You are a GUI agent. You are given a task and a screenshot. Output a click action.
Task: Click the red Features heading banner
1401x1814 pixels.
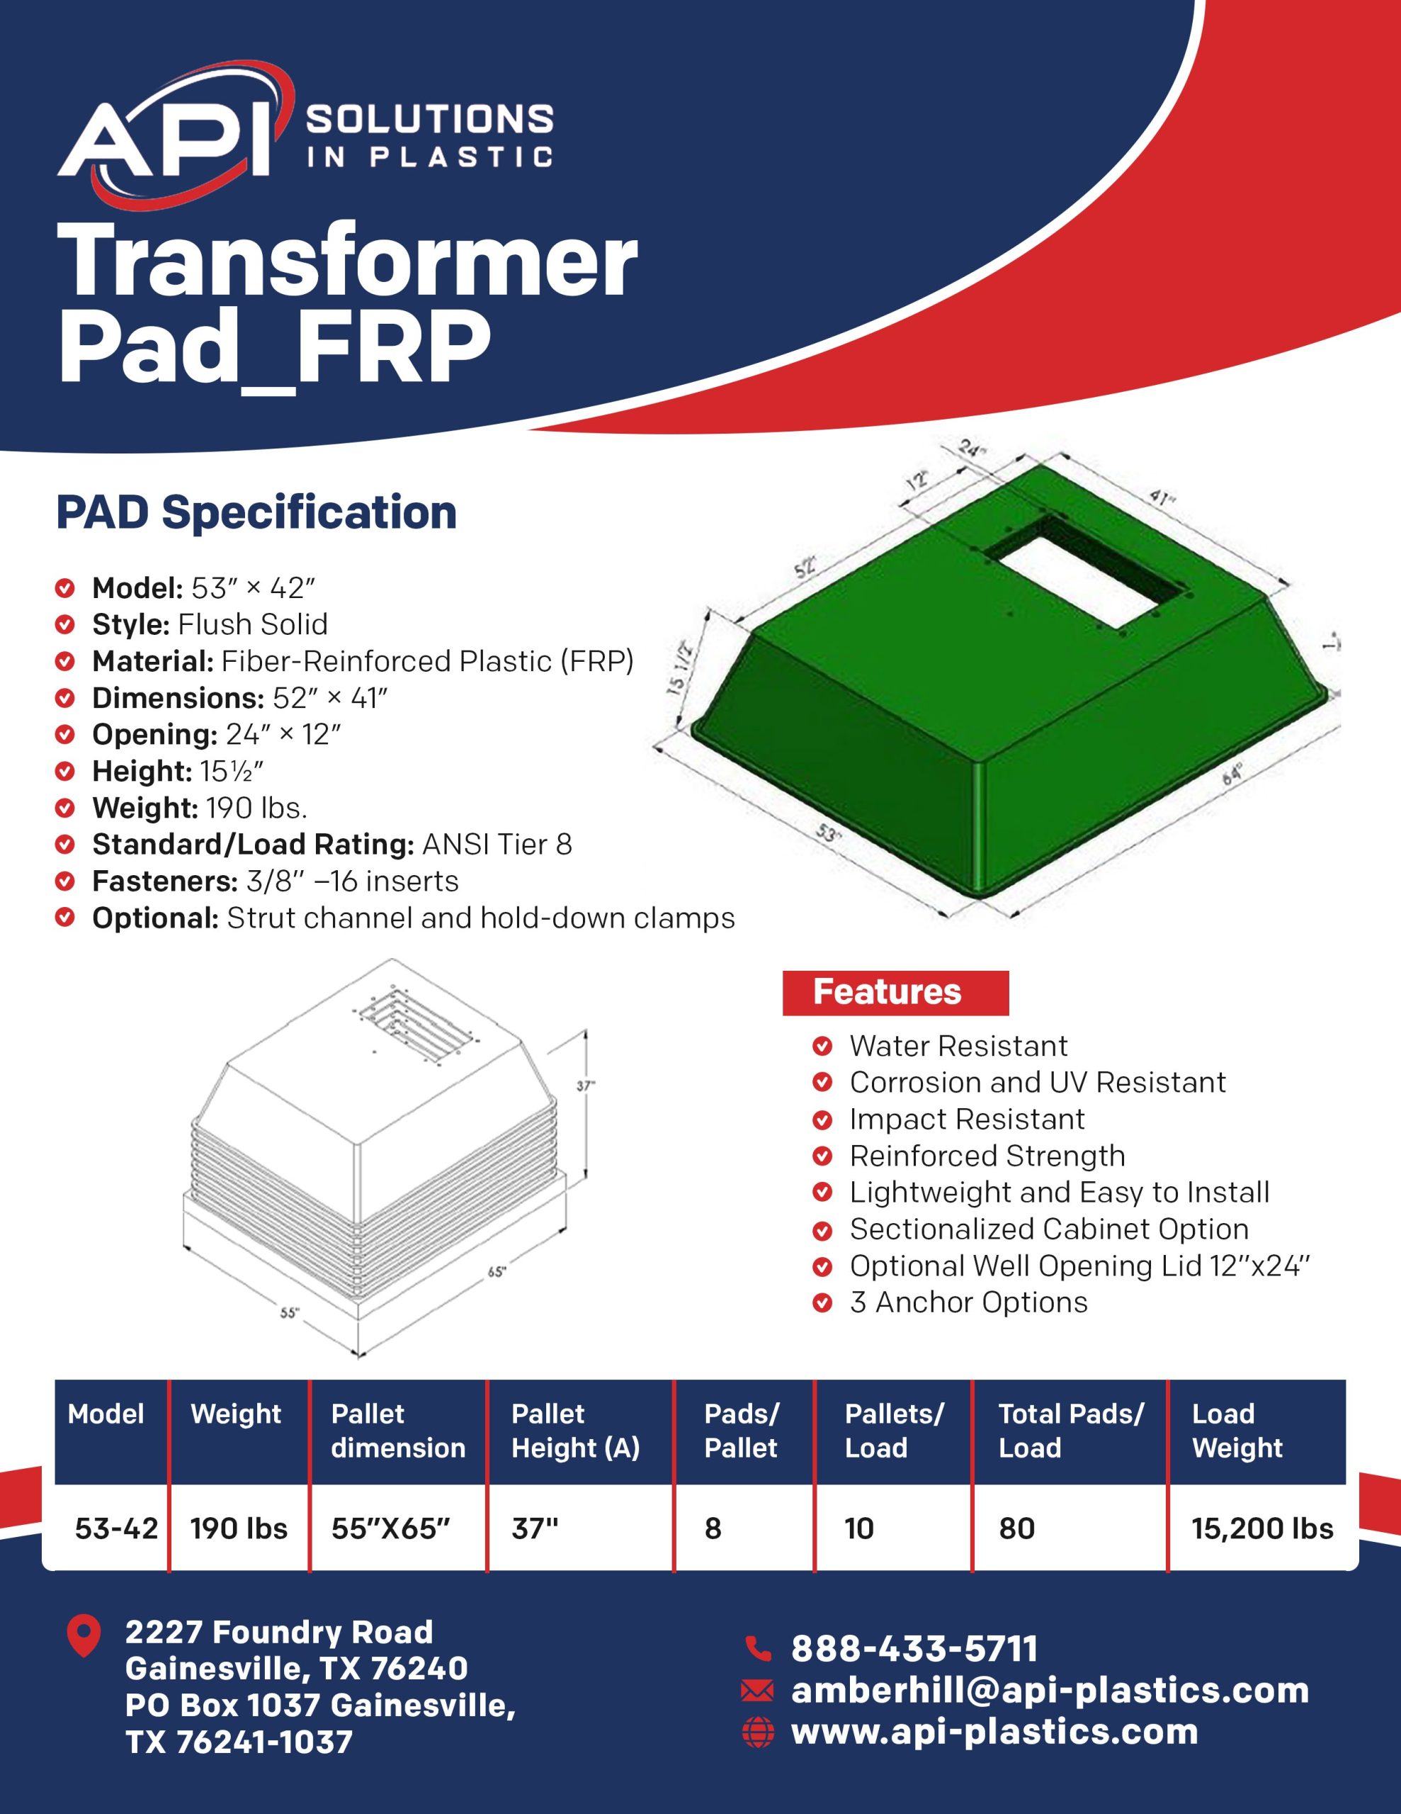pyautogui.click(x=895, y=993)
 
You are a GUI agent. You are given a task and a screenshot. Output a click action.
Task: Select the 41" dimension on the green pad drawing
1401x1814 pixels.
pyautogui.click(x=1162, y=498)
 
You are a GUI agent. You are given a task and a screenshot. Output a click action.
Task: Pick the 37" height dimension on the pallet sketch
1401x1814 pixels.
pyautogui.click(x=586, y=1085)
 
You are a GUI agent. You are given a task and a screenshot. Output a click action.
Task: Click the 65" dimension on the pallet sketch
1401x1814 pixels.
pyautogui.click(x=497, y=1271)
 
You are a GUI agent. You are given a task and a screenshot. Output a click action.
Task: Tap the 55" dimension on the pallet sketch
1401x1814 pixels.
pyautogui.click(x=289, y=1312)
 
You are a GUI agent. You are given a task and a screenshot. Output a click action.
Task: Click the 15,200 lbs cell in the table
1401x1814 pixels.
pyautogui.click(x=1262, y=1528)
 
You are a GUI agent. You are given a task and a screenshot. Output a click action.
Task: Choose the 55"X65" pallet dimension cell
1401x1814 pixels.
pyautogui.click(x=390, y=1528)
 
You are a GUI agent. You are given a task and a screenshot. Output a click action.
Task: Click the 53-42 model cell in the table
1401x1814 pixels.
pyautogui.click(x=116, y=1528)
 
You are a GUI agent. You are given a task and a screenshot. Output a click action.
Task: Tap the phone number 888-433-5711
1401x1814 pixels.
pyautogui.click(x=914, y=1649)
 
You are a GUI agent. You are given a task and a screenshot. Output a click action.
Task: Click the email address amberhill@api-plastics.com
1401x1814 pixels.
pyautogui.click(x=1050, y=1690)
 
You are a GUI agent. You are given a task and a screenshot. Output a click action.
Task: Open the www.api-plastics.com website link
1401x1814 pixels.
pyautogui.click(x=994, y=1732)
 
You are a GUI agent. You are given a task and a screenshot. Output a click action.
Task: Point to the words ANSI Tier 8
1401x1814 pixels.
pyautogui.click(x=497, y=844)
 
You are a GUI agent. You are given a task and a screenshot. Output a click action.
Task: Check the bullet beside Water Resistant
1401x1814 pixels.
pyautogui.click(x=822, y=1046)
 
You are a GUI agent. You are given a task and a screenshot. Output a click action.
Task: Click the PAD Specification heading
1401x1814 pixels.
pyautogui.click(x=256, y=512)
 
